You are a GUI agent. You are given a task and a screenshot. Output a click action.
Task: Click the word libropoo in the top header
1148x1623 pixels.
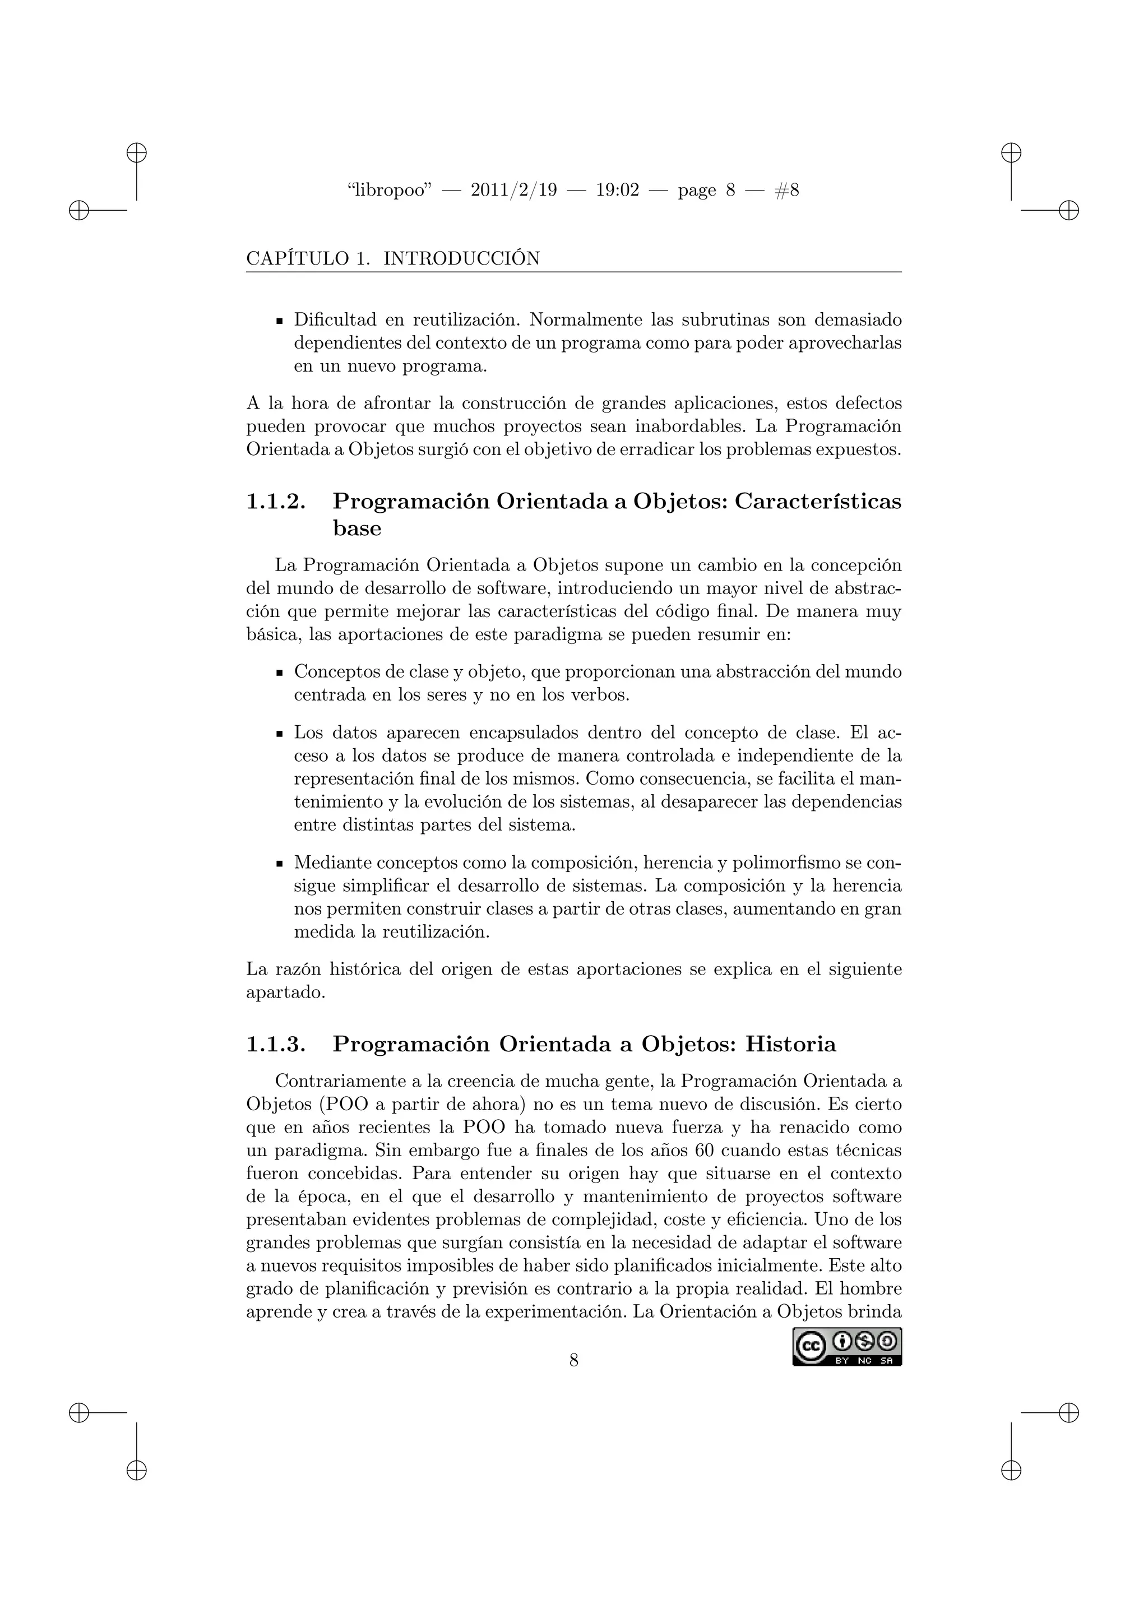(x=390, y=190)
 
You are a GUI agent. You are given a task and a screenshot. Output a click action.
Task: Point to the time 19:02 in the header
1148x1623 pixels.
(x=617, y=190)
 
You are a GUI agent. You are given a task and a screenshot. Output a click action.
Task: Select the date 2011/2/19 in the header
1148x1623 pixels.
(x=514, y=190)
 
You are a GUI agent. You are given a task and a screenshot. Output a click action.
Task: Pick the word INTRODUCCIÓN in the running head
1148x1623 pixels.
(x=461, y=259)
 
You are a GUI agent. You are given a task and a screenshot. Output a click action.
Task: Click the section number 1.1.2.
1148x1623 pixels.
(x=276, y=501)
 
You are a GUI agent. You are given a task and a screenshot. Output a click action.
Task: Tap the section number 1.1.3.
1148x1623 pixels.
(x=276, y=1044)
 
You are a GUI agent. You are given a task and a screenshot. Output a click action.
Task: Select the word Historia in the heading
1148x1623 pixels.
(x=790, y=1044)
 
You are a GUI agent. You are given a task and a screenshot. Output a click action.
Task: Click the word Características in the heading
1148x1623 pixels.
(x=818, y=501)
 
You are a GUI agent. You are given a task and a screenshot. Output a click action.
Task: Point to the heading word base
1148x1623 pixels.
(x=357, y=528)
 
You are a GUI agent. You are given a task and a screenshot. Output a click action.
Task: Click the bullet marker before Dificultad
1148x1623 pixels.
(x=279, y=321)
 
